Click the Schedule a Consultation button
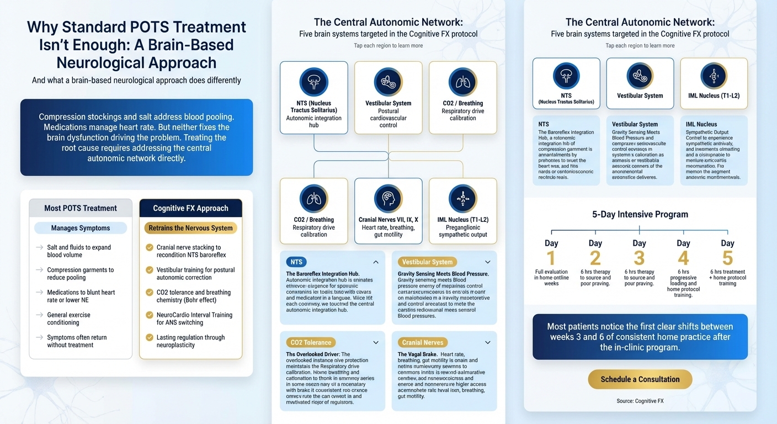point(640,379)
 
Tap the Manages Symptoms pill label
point(81,228)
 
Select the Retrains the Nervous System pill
point(190,228)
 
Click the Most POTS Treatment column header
point(81,208)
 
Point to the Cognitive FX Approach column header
point(190,208)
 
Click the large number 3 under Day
point(639,258)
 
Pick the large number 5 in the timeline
point(727,258)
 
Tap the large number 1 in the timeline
point(551,258)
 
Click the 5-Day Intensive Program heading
point(640,214)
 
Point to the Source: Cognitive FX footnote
point(640,401)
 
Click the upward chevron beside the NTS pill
point(376,262)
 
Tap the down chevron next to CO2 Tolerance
point(376,342)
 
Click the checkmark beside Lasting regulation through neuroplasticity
point(149,337)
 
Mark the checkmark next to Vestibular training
point(149,270)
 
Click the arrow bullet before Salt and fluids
point(40,247)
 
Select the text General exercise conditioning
point(68,319)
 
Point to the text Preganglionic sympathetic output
point(462,231)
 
